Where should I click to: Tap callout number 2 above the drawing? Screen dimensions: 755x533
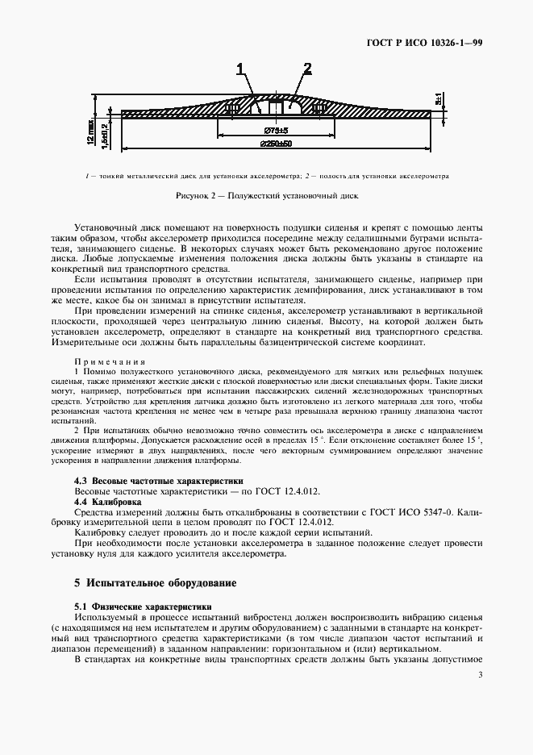pos(307,68)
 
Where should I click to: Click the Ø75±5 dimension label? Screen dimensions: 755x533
pos(276,129)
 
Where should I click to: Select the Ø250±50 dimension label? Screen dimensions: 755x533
pos(276,144)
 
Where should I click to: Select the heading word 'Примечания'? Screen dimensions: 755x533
pos(110,361)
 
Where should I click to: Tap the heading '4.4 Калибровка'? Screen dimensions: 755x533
pos(108,501)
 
